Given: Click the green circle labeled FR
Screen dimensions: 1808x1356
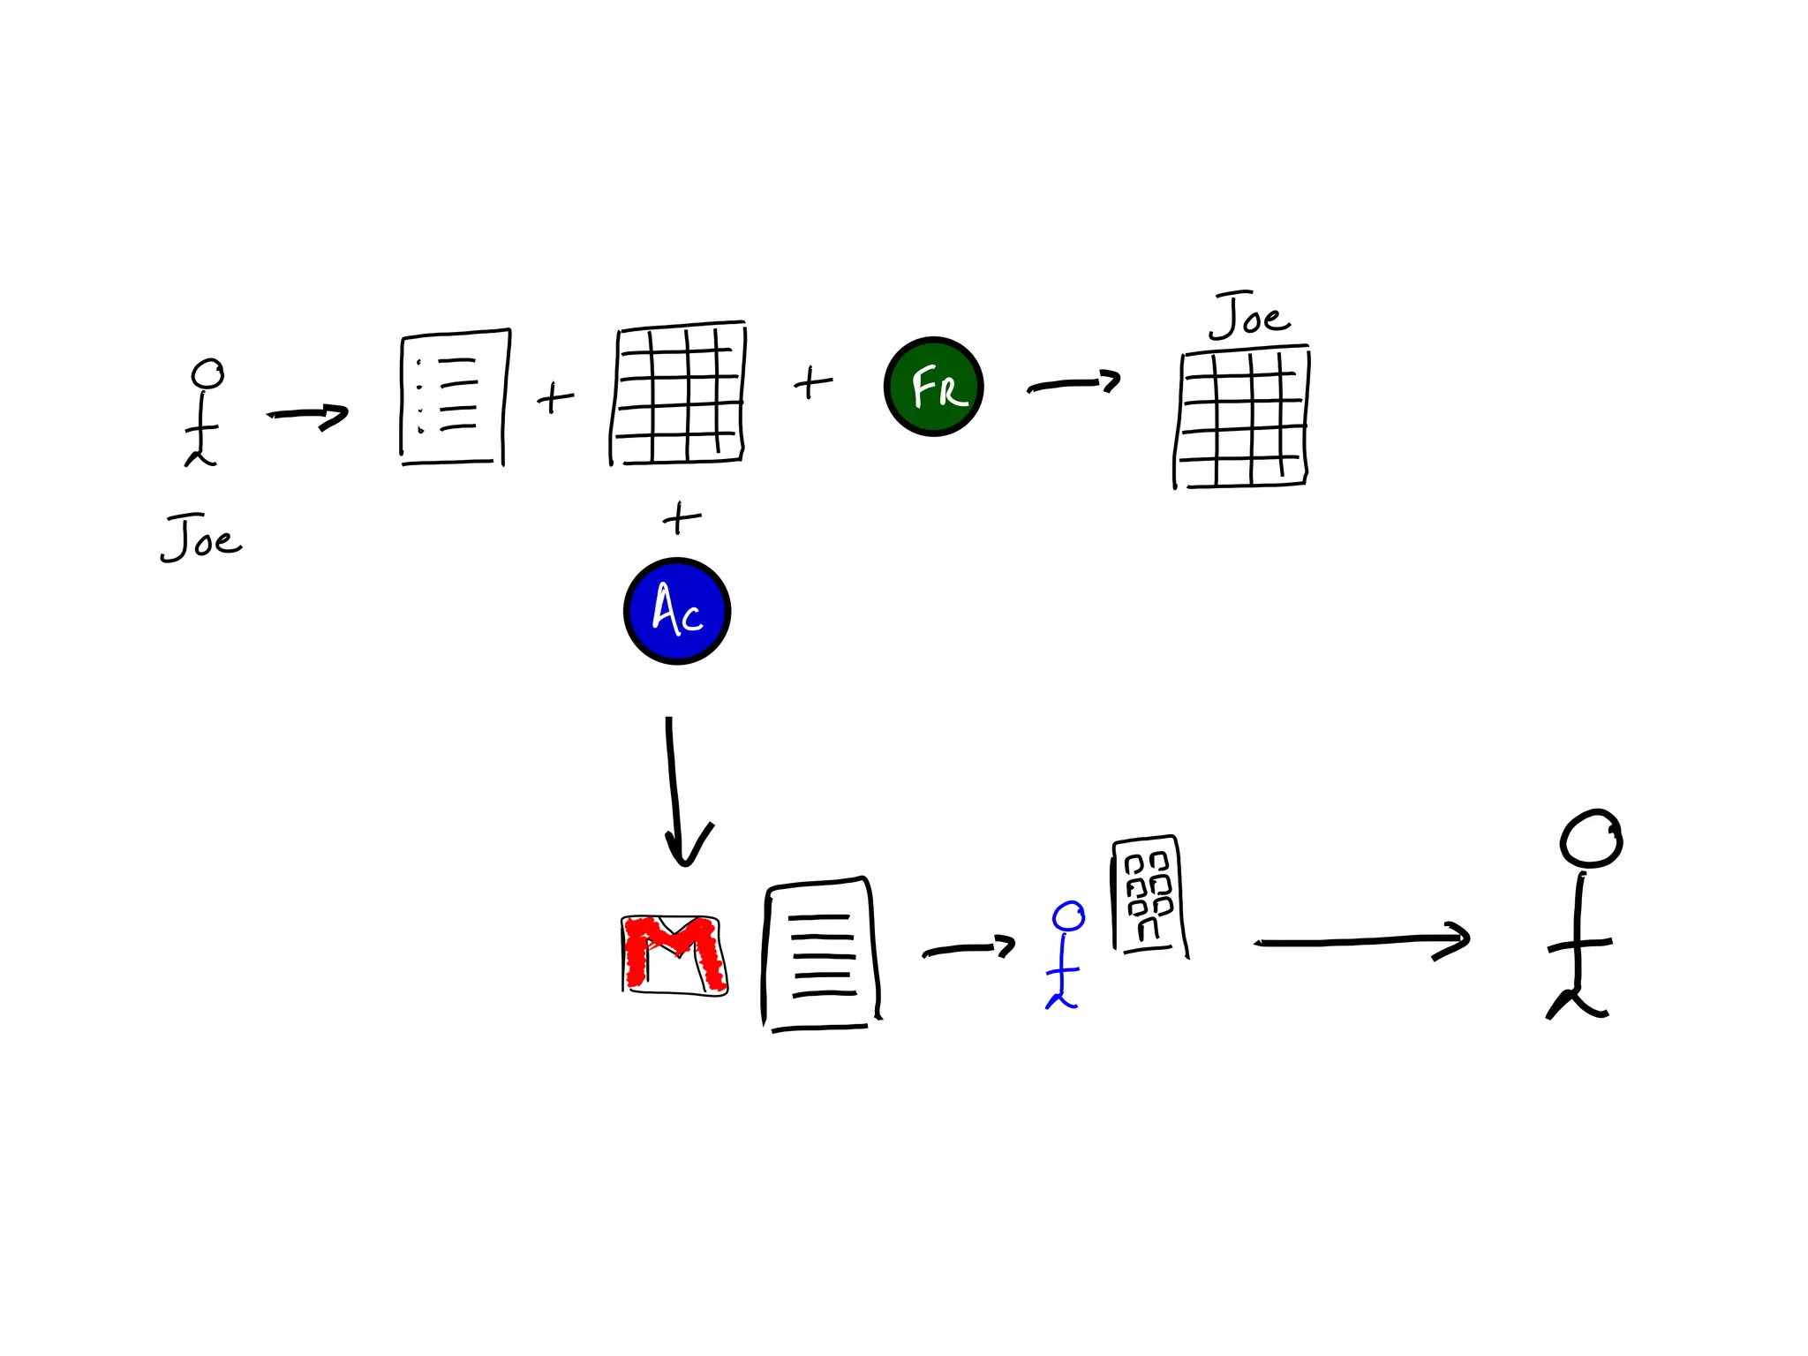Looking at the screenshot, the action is coord(933,387).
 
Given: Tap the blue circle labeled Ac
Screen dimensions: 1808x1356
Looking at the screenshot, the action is coord(677,611).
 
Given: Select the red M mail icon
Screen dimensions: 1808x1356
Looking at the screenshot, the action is coord(674,955).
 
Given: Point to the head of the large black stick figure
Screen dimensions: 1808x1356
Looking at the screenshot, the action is coord(1591,839).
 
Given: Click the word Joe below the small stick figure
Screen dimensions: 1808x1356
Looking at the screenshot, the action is coord(201,539).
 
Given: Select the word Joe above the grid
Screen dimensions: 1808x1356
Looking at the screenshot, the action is coord(1249,316).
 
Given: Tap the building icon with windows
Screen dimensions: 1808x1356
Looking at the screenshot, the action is coord(1148,893).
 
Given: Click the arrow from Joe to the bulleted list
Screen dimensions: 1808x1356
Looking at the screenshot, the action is coord(308,415).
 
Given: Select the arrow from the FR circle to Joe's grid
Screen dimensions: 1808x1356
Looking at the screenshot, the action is coord(1073,384).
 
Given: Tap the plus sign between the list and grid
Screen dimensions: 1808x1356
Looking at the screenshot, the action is coord(555,398).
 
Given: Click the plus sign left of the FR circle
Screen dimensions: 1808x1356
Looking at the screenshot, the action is coord(812,383).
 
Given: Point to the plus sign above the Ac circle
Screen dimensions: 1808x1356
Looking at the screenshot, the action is coord(681,518).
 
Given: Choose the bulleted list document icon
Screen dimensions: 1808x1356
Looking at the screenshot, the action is coord(455,397).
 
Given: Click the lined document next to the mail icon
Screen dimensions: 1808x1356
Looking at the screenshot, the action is coord(822,954).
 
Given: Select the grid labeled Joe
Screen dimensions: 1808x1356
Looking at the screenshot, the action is coord(1241,418).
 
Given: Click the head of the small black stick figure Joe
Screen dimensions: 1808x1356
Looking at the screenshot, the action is coord(208,373).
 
